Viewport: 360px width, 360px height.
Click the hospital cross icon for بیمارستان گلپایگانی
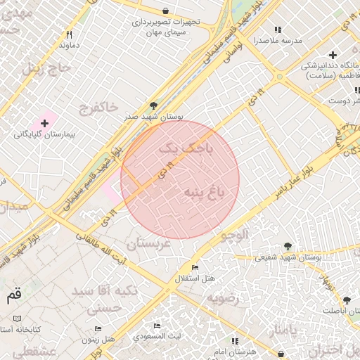[44, 123]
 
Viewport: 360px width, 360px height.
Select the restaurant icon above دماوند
[69, 34]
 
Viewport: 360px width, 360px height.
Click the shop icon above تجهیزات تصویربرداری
[165, 11]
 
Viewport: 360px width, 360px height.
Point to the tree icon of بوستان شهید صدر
[153, 105]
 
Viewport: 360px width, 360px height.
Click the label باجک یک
[185, 149]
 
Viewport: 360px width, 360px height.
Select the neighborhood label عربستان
[148, 243]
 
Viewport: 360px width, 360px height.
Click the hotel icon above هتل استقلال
[195, 268]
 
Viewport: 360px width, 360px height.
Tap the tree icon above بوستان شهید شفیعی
[288, 246]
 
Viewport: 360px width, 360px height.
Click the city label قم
[13, 295]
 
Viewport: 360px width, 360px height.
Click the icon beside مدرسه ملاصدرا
[278, 30]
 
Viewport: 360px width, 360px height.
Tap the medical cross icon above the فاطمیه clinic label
[333, 55]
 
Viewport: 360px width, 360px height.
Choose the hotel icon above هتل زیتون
[98, 328]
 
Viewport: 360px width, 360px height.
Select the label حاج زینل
[47, 68]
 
